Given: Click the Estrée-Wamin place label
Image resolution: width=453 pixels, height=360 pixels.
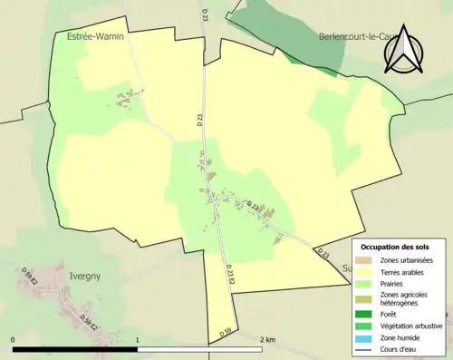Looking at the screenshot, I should click(95, 36).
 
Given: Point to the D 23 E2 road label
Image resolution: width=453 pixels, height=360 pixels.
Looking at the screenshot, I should click(230, 277).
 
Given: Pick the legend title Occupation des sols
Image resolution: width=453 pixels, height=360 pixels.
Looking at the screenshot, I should click(395, 247).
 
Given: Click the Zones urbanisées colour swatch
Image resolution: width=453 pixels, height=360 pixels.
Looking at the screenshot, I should click(366, 261).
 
